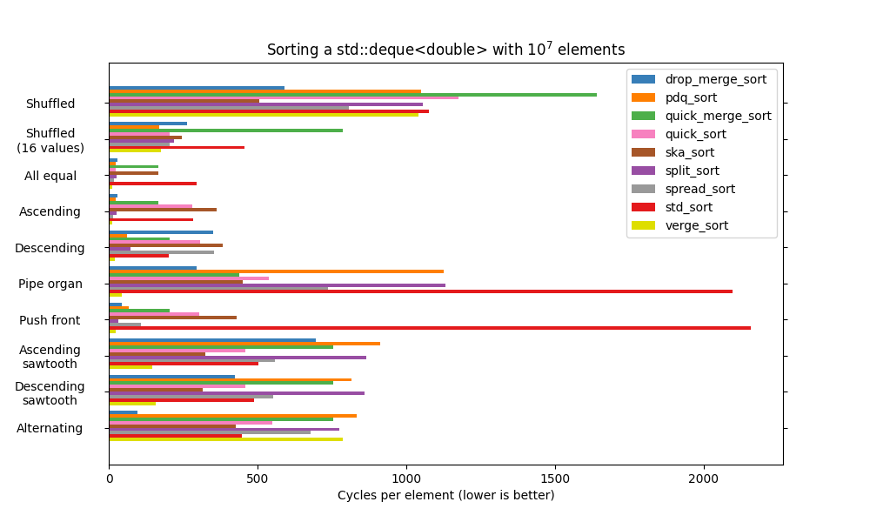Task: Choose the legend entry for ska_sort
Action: [x=690, y=152]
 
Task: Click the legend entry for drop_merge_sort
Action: [x=716, y=79]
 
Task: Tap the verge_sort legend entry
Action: [x=696, y=225]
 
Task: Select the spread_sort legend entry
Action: [x=699, y=189]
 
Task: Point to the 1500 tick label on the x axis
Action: [x=555, y=478]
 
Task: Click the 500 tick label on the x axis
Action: [x=258, y=478]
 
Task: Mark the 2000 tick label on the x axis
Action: [x=704, y=478]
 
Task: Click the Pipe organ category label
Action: [x=50, y=284]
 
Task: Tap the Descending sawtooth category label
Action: [x=50, y=392]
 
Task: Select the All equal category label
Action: [x=50, y=176]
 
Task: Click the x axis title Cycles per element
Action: [x=445, y=495]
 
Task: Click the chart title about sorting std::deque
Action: [x=445, y=50]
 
